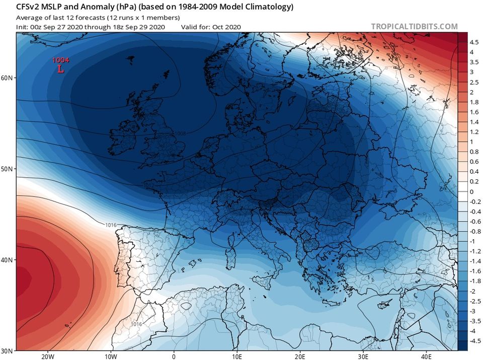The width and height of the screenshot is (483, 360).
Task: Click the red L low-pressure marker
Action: [x=60, y=69]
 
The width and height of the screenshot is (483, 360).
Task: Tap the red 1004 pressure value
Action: [x=61, y=60]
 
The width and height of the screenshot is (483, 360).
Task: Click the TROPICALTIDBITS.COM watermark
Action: [x=415, y=27]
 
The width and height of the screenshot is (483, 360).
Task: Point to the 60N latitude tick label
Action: [x=7, y=78]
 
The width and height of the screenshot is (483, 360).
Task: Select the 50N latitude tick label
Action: [x=7, y=169]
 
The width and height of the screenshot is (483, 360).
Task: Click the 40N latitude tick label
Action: [x=7, y=260]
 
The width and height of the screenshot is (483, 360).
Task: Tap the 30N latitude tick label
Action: [x=7, y=350]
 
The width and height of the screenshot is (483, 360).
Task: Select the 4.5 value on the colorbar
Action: [x=474, y=42]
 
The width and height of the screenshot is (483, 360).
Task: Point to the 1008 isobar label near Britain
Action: [x=180, y=133]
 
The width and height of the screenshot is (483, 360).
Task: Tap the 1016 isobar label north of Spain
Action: [x=112, y=225]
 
